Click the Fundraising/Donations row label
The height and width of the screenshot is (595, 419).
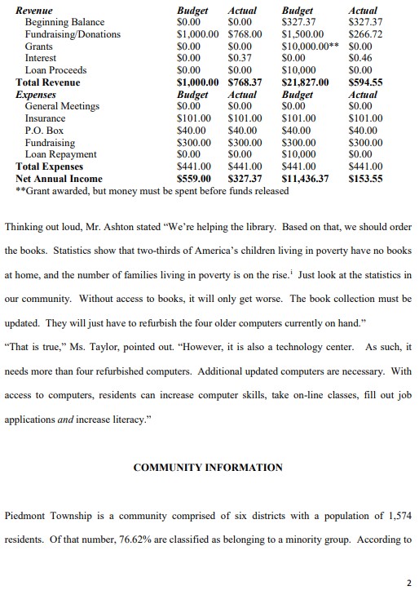pos(73,34)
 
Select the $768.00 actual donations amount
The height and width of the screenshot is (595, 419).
pos(245,34)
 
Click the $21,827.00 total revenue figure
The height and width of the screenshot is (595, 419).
pos(305,82)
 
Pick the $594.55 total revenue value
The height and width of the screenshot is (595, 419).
pos(364,82)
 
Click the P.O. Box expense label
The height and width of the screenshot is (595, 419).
pos(44,131)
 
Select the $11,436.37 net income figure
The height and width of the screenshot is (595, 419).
pos(306,178)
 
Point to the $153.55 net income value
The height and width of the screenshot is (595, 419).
pos(364,178)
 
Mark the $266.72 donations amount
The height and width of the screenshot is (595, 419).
pos(364,34)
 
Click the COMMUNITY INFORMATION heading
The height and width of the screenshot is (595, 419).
pos(208,468)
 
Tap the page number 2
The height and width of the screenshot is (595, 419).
pos(408,583)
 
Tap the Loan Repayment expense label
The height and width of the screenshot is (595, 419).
pos(60,154)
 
